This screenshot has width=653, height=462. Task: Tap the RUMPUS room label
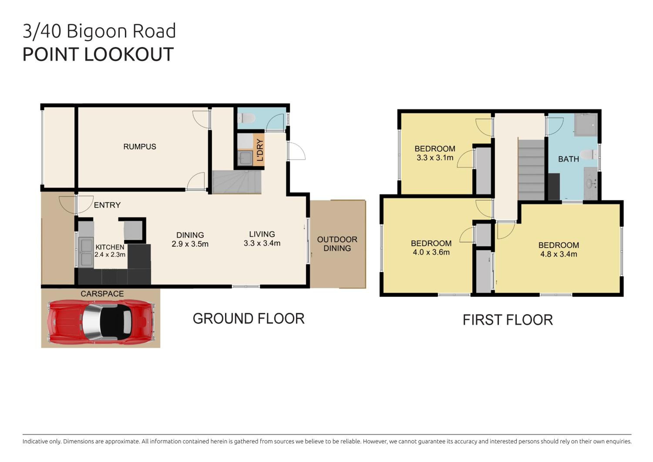140,147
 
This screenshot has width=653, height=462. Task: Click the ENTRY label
107,205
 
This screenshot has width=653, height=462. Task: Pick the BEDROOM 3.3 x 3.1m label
435,153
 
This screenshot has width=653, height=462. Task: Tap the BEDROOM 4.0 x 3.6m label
431,248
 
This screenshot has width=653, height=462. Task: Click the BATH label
569,159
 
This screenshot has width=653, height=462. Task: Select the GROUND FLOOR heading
249,319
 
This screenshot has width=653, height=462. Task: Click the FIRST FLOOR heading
508,320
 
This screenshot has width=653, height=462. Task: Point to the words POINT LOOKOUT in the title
98,54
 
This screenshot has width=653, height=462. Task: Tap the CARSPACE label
102,294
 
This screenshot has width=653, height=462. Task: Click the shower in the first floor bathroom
586,125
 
